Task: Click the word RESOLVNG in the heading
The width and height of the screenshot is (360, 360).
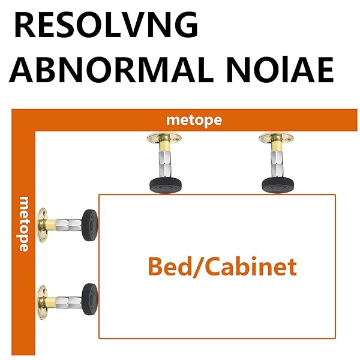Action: click(106, 26)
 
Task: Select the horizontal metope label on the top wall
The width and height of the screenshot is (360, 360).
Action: click(194, 120)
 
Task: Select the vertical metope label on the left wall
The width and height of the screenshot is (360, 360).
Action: click(25, 223)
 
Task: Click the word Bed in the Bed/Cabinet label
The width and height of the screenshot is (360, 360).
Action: click(169, 266)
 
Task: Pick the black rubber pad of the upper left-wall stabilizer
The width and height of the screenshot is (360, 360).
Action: click(90, 224)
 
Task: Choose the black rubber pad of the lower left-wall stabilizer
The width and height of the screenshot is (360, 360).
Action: click(90, 298)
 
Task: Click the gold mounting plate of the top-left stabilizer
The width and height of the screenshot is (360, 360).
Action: click(164, 139)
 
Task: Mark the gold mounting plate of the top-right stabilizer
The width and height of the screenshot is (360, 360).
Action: click(276, 139)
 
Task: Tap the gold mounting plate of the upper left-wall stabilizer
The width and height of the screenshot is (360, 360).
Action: click(44, 224)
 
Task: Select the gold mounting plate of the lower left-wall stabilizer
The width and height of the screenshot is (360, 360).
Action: click(44, 298)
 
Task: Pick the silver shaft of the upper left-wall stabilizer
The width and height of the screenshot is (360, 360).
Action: click(67, 224)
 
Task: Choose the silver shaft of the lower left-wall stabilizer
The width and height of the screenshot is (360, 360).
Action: click(67, 298)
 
